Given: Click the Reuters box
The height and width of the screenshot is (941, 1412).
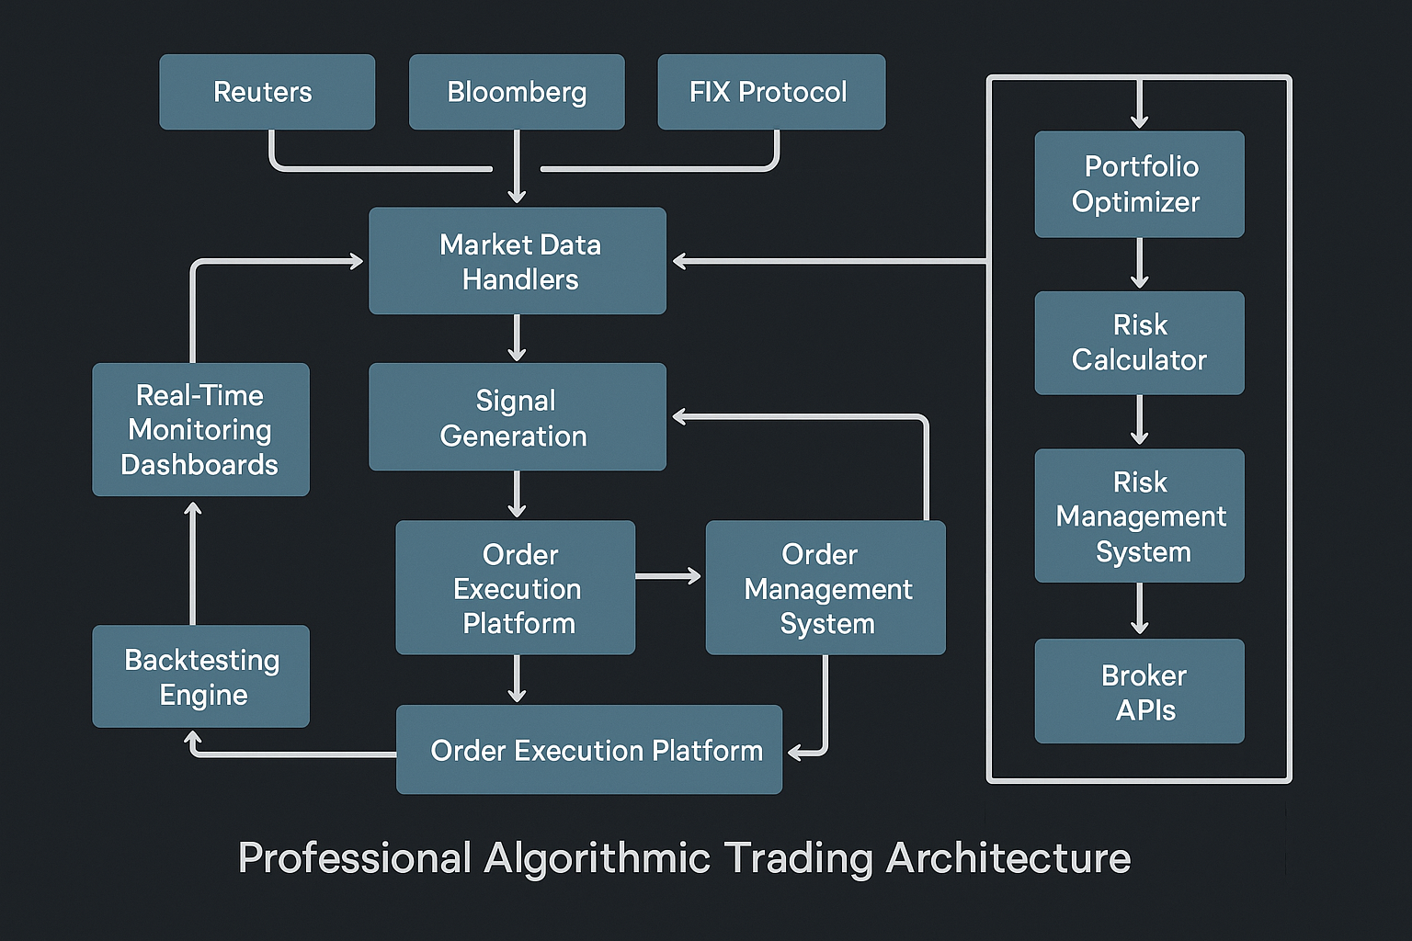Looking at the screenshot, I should (x=267, y=92).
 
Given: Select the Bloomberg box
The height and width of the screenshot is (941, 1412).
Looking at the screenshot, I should (x=517, y=92).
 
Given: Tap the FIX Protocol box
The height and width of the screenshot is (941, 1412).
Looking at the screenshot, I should (x=771, y=92).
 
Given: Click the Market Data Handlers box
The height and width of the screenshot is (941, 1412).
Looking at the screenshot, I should (x=518, y=261).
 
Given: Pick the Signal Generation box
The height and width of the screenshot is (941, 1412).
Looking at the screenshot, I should (x=518, y=417).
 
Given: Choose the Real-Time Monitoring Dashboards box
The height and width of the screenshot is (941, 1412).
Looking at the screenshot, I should (x=200, y=430).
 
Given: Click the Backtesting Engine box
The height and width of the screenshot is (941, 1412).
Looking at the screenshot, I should (x=200, y=676).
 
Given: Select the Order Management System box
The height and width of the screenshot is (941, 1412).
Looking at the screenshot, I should (x=826, y=588).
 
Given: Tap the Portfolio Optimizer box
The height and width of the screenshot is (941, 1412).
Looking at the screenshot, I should (x=1139, y=184).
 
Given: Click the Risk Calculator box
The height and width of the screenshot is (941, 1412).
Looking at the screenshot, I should (x=1139, y=343).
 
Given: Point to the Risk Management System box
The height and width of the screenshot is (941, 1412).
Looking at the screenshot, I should (x=1139, y=516).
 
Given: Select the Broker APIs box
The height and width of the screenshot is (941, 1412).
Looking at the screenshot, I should (x=1139, y=691).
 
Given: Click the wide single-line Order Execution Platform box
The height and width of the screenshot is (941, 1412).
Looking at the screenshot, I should (x=589, y=750).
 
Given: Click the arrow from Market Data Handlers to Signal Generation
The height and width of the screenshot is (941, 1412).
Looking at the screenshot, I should (x=518, y=338).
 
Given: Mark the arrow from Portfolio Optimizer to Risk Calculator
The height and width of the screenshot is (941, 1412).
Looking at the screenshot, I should (x=1140, y=264).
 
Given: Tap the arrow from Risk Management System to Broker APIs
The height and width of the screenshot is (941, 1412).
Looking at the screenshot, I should (x=1140, y=609).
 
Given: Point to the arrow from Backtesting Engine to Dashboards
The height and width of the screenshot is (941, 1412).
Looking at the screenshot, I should (x=193, y=562).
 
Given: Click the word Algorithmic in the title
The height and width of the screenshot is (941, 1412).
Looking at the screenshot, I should (x=598, y=858).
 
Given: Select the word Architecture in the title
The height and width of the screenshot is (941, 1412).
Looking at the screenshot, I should (x=1008, y=858).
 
